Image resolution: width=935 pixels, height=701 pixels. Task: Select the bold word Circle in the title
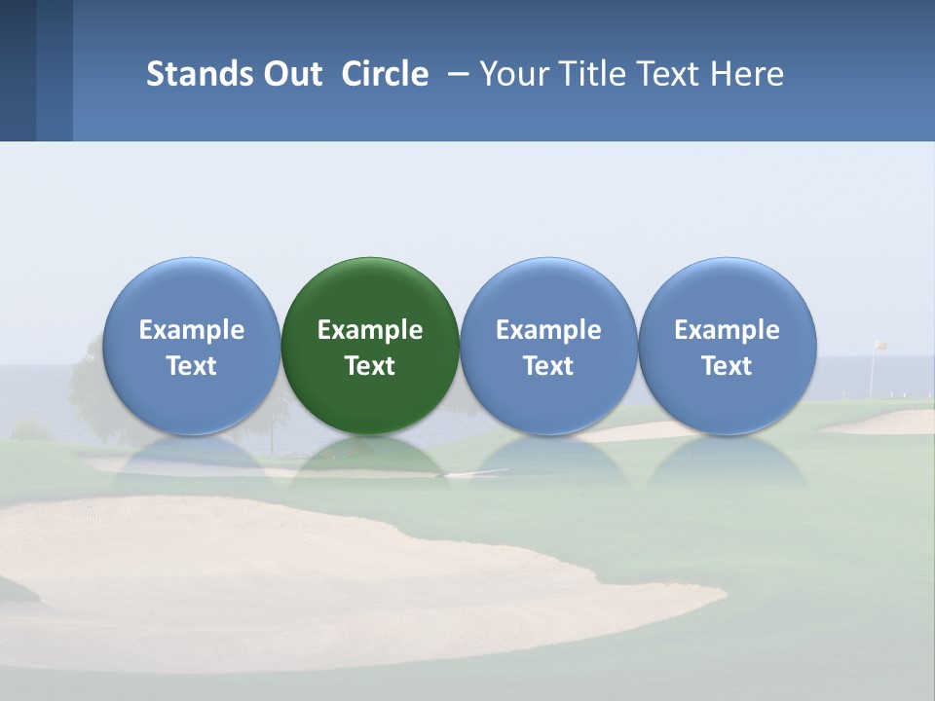pos(385,74)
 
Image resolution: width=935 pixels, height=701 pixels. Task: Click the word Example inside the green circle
pos(370,330)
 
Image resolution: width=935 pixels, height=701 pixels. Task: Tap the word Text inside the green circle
pos(370,366)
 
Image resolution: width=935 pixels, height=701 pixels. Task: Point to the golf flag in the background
pos(879,346)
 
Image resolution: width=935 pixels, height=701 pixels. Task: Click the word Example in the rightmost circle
pos(727,330)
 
